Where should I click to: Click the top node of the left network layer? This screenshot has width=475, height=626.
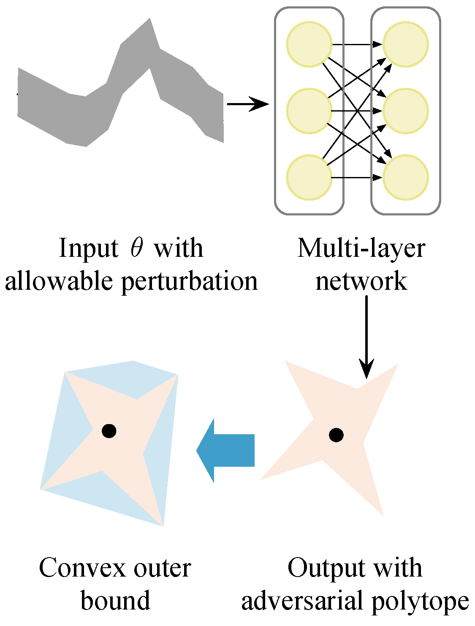[x=309, y=44]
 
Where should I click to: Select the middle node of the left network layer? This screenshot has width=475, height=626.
[x=309, y=111]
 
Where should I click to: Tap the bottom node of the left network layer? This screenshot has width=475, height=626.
[x=309, y=177]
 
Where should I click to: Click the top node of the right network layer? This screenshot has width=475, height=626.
[x=405, y=44]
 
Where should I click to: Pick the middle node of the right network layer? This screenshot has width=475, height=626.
[x=405, y=111]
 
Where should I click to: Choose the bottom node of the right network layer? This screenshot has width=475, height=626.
[x=405, y=177]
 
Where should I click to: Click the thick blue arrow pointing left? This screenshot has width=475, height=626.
[x=226, y=450]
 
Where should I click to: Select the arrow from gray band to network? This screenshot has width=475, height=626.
[x=247, y=103]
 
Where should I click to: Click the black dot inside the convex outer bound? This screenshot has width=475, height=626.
[x=109, y=431]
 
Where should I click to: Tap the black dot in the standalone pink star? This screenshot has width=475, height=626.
[x=336, y=435]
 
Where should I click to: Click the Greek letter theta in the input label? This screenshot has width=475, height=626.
[x=136, y=248]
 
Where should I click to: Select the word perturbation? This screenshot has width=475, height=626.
[x=189, y=281]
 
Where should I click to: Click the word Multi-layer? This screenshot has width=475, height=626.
[x=361, y=248]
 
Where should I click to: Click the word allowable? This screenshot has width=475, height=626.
[x=59, y=280]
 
